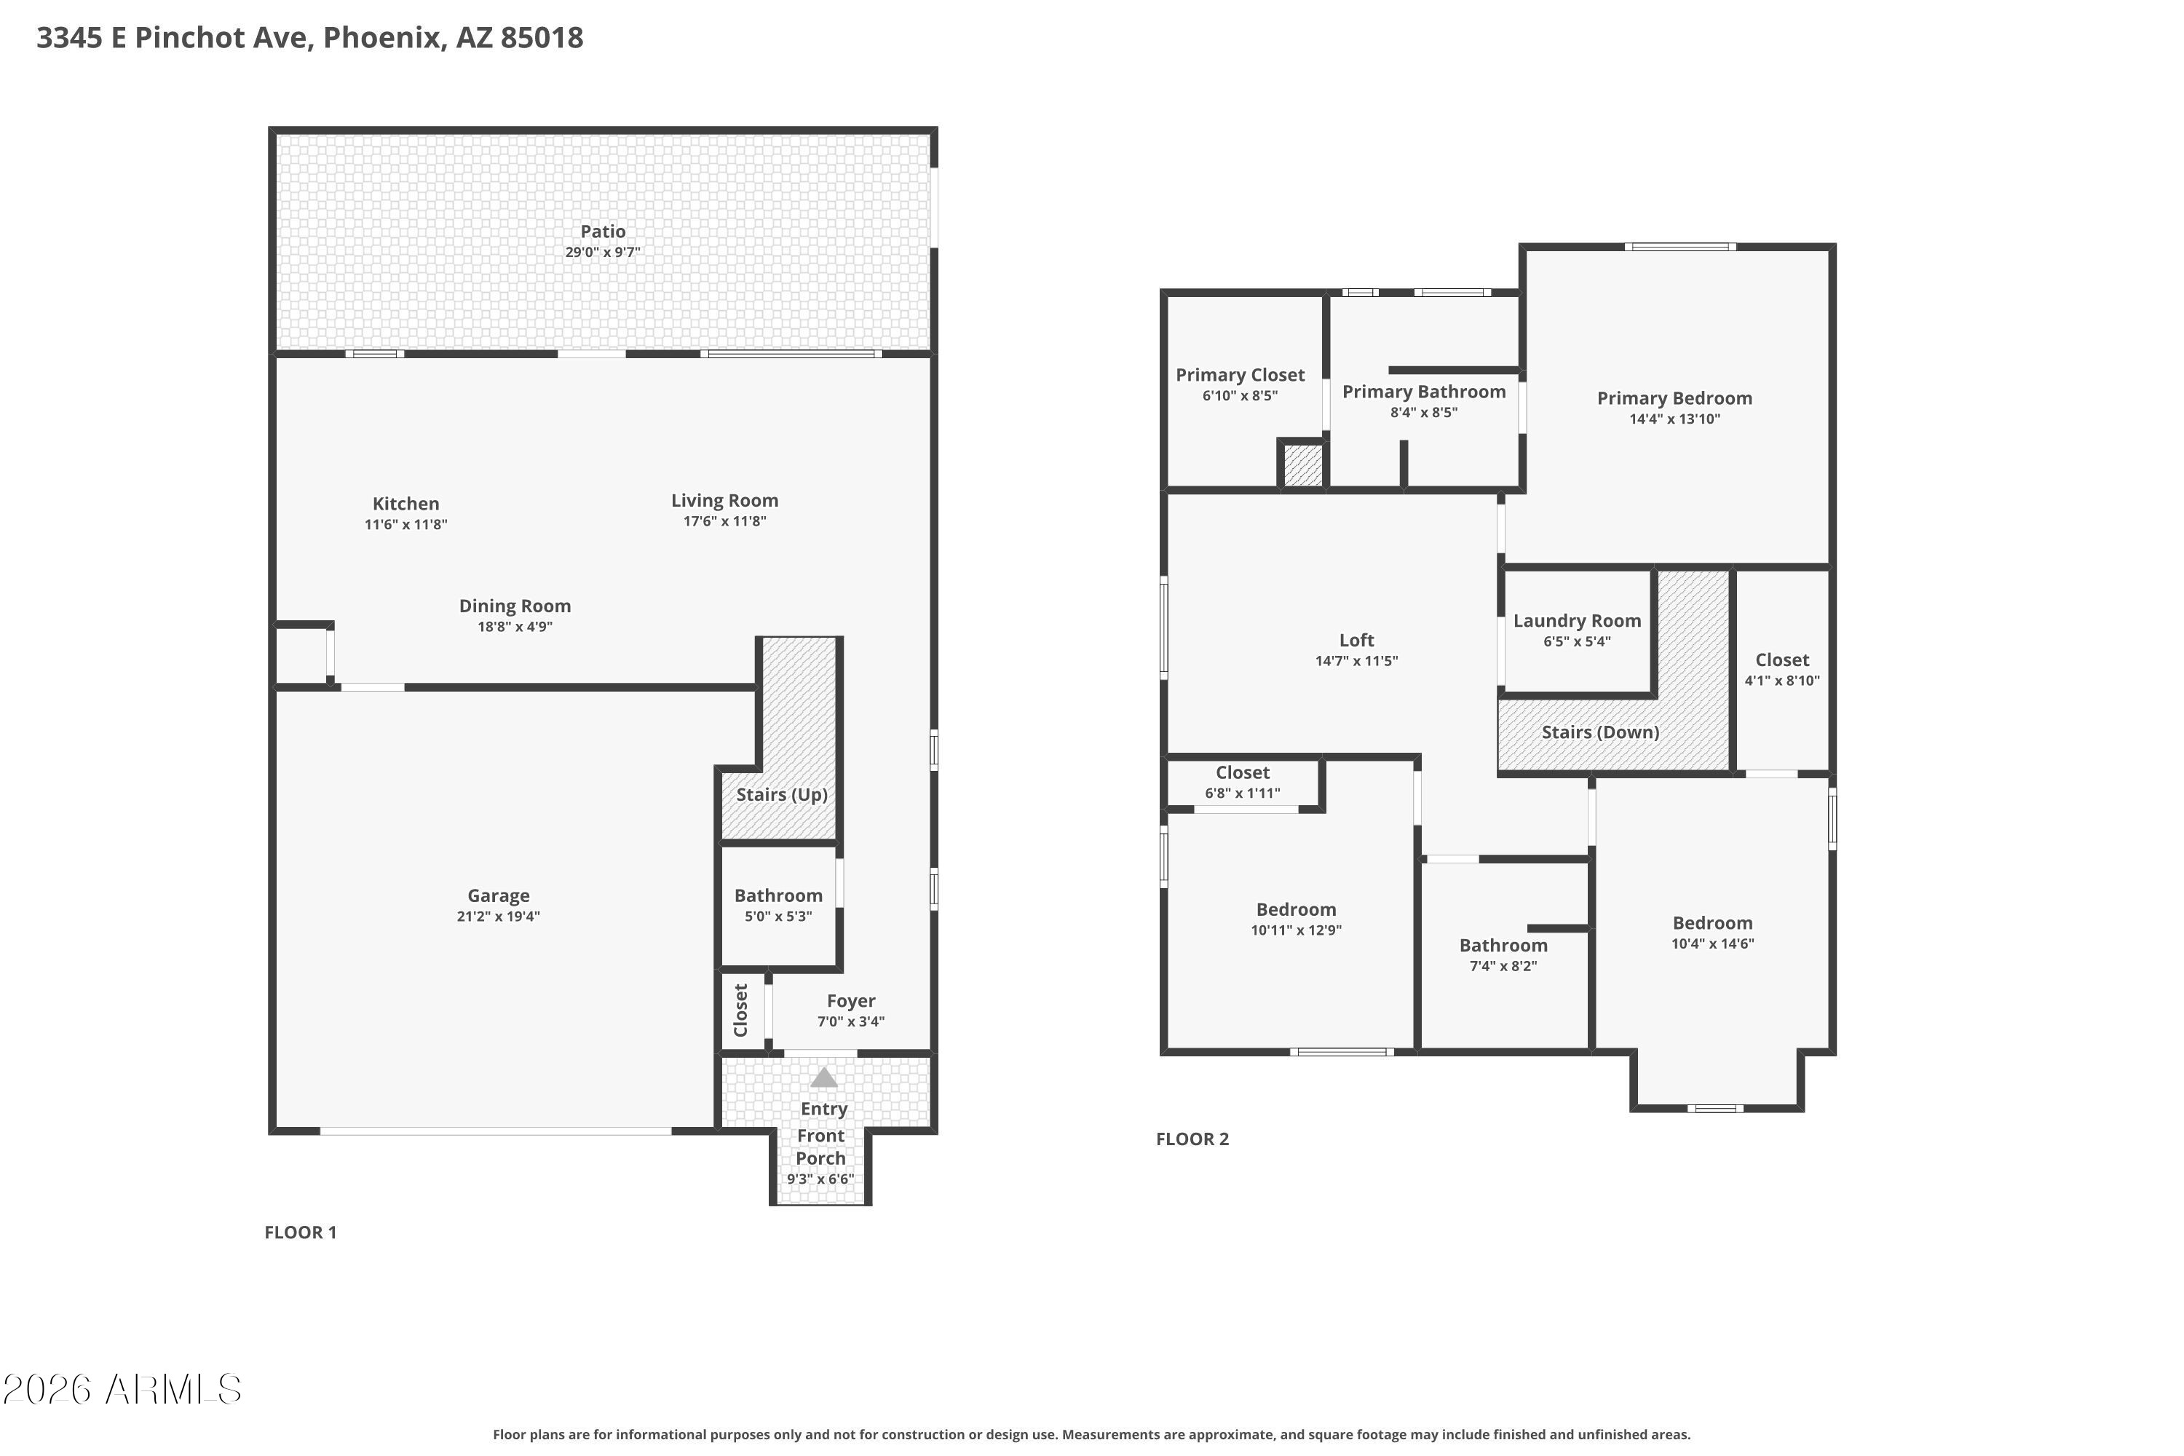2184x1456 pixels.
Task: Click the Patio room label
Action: click(x=603, y=232)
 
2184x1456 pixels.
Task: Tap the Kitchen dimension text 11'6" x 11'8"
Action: click(x=405, y=525)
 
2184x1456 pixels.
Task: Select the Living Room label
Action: click(x=724, y=501)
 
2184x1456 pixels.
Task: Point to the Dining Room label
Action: click(x=515, y=606)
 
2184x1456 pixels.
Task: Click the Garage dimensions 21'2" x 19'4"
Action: click(x=499, y=917)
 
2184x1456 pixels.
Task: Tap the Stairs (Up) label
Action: click(x=782, y=795)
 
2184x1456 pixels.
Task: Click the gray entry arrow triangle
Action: click(x=823, y=1077)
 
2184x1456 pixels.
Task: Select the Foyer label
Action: click(x=850, y=1001)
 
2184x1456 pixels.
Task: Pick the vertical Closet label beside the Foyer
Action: click(x=741, y=1010)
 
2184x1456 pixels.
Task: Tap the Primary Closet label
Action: click(x=1240, y=375)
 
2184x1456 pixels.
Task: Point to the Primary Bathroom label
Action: click(x=1423, y=392)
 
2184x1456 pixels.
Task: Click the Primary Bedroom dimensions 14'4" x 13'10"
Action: click(x=1674, y=419)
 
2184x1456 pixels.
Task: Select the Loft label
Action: click(x=1357, y=640)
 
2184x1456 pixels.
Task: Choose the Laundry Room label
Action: click(x=1577, y=621)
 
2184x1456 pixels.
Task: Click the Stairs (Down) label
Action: click(x=1600, y=732)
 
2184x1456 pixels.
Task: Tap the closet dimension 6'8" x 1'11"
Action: click(x=1243, y=793)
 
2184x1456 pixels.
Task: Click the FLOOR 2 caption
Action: click(x=1192, y=1139)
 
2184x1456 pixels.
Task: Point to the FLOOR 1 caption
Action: click(x=300, y=1233)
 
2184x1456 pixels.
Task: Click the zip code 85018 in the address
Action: click(x=542, y=38)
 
